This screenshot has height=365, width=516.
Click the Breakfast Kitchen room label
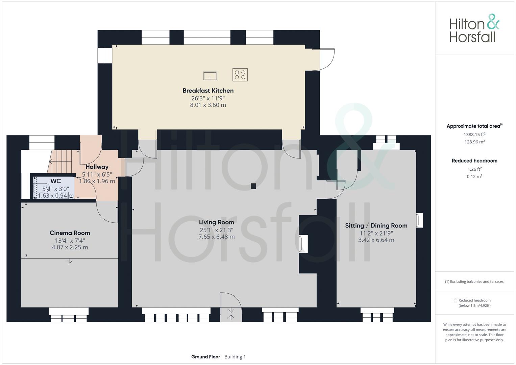[208, 91]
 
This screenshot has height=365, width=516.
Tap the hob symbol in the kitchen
[240, 75]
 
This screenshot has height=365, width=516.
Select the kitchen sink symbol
[210, 76]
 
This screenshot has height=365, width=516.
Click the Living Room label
[217, 222]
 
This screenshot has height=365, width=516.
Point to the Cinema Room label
[70, 233]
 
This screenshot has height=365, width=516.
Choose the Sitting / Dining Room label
[376, 225]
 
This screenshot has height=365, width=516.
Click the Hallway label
[97, 167]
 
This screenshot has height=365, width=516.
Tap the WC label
[55, 181]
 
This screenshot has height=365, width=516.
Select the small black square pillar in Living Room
[253, 186]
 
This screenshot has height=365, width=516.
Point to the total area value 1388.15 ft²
[474, 135]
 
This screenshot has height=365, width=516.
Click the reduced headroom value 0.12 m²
[474, 176]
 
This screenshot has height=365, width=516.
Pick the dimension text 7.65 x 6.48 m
[217, 237]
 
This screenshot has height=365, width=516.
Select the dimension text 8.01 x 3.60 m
[208, 105]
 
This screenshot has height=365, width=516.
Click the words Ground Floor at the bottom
[205, 357]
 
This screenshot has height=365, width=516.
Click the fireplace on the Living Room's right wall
[303, 244]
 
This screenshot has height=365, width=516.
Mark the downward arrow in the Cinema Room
[70, 261]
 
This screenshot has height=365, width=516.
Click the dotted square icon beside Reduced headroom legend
[455, 300]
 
